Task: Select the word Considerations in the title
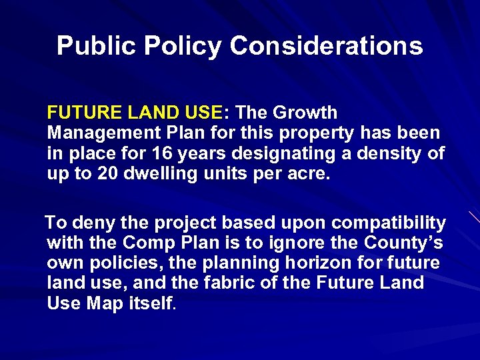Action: tap(326, 46)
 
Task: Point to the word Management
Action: tap(100, 133)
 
